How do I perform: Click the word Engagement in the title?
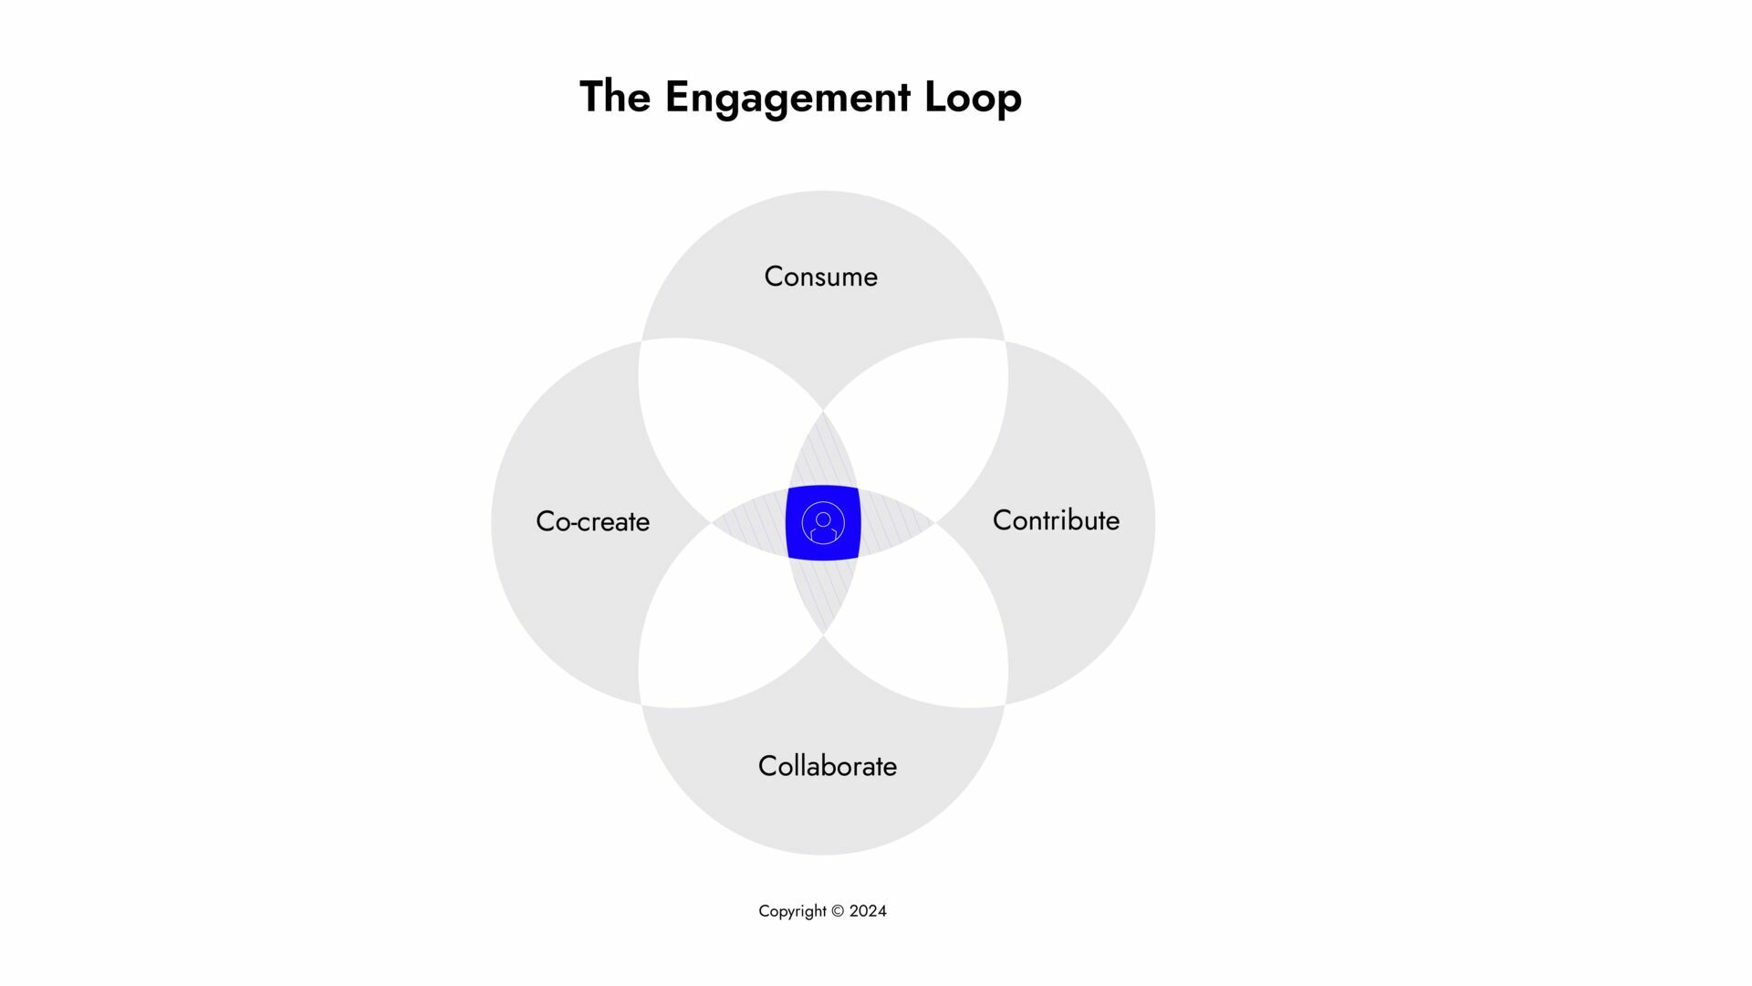click(787, 98)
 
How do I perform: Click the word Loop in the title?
click(973, 98)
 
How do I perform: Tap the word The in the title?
click(615, 98)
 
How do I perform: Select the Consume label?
click(820, 277)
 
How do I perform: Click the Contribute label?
click(1056, 520)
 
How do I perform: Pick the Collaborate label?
click(827, 766)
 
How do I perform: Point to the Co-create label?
click(592, 521)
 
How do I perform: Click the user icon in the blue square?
click(823, 523)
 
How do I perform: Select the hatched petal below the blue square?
click(823, 593)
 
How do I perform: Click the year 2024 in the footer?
click(868, 911)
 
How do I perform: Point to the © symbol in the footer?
click(838, 911)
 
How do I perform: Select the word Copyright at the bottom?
click(792, 911)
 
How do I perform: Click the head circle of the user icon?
click(823, 519)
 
